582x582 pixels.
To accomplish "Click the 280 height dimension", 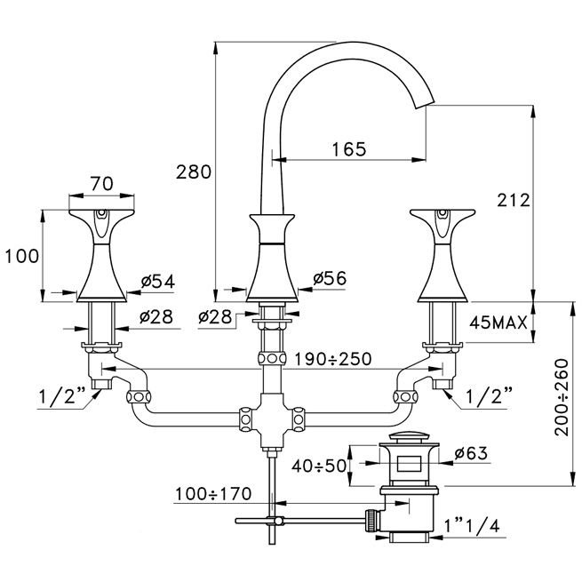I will (x=194, y=171).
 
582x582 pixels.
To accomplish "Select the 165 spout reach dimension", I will (x=348, y=149).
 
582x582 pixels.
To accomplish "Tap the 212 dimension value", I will (x=514, y=200).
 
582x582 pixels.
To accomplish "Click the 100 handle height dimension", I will (x=22, y=256).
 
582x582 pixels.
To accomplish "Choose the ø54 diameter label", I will (x=156, y=282).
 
